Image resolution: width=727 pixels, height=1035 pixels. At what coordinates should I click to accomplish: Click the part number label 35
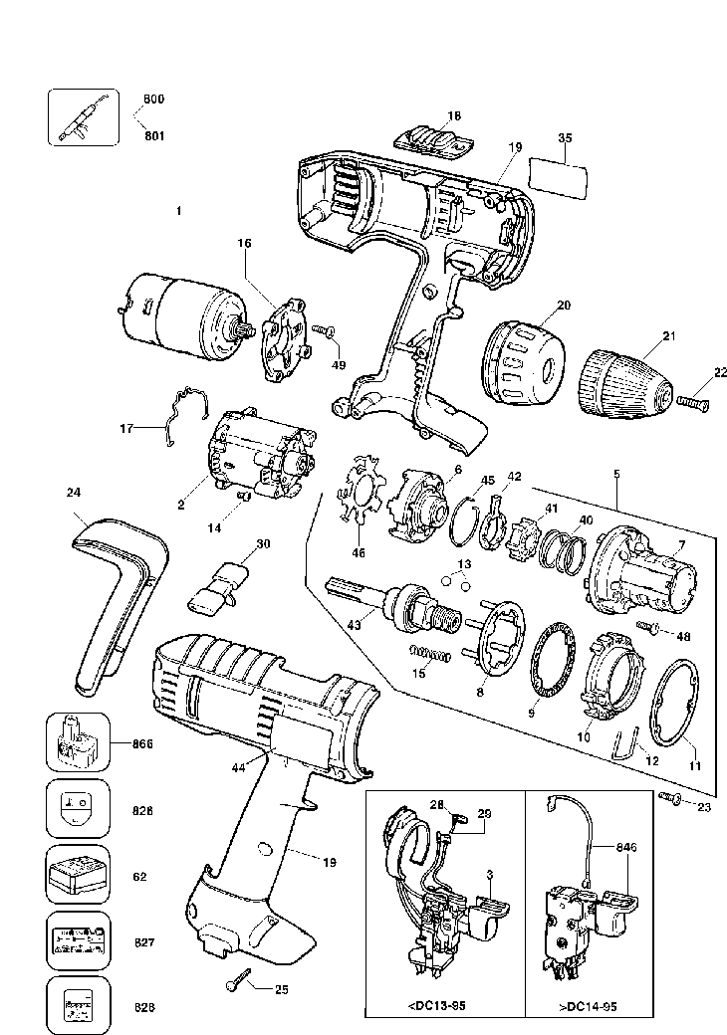(565, 138)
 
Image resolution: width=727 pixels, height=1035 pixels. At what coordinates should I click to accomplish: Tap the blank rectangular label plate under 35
(558, 180)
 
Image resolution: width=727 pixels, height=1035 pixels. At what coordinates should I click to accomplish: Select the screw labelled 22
(692, 401)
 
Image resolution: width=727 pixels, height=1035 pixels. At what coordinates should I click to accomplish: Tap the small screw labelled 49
(325, 330)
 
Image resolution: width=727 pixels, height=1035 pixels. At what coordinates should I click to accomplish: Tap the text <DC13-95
(436, 1006)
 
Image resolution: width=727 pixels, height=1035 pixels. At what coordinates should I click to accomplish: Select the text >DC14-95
(589, 1006)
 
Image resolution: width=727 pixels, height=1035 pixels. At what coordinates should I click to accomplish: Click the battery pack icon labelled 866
(78, 742)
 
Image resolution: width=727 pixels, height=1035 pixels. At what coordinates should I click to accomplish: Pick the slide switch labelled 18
(434, 137)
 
